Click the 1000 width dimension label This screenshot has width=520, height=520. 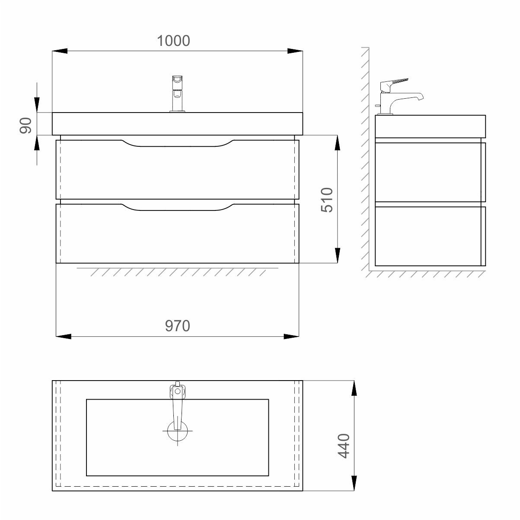pos(173,41)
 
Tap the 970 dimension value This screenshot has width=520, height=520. pos(177,326)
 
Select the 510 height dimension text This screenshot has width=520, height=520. pos(327,200)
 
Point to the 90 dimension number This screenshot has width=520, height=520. pos(26,126)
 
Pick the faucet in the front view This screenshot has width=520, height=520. pos(177,94)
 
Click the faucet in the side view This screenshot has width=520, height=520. pos(399,96)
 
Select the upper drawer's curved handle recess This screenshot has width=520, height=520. pos(178,143)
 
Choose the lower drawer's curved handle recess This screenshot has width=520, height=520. pos(178,207)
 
